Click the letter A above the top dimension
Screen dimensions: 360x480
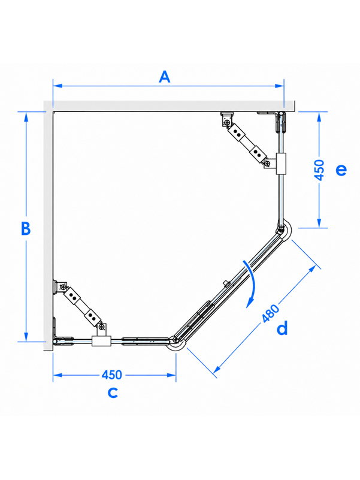pos(164,77)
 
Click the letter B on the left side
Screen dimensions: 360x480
pos(26,228)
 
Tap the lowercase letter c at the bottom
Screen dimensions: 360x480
pos(113,393)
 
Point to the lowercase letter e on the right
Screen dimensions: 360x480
pos(341,169)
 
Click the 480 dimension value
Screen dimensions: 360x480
pos(271,313)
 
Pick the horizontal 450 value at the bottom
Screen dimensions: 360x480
pos(112,375)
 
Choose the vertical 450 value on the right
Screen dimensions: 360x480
pos(319,170)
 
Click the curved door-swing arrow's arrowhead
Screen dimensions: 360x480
pos(250,303)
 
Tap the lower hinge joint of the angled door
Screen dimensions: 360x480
pos(176,340)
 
